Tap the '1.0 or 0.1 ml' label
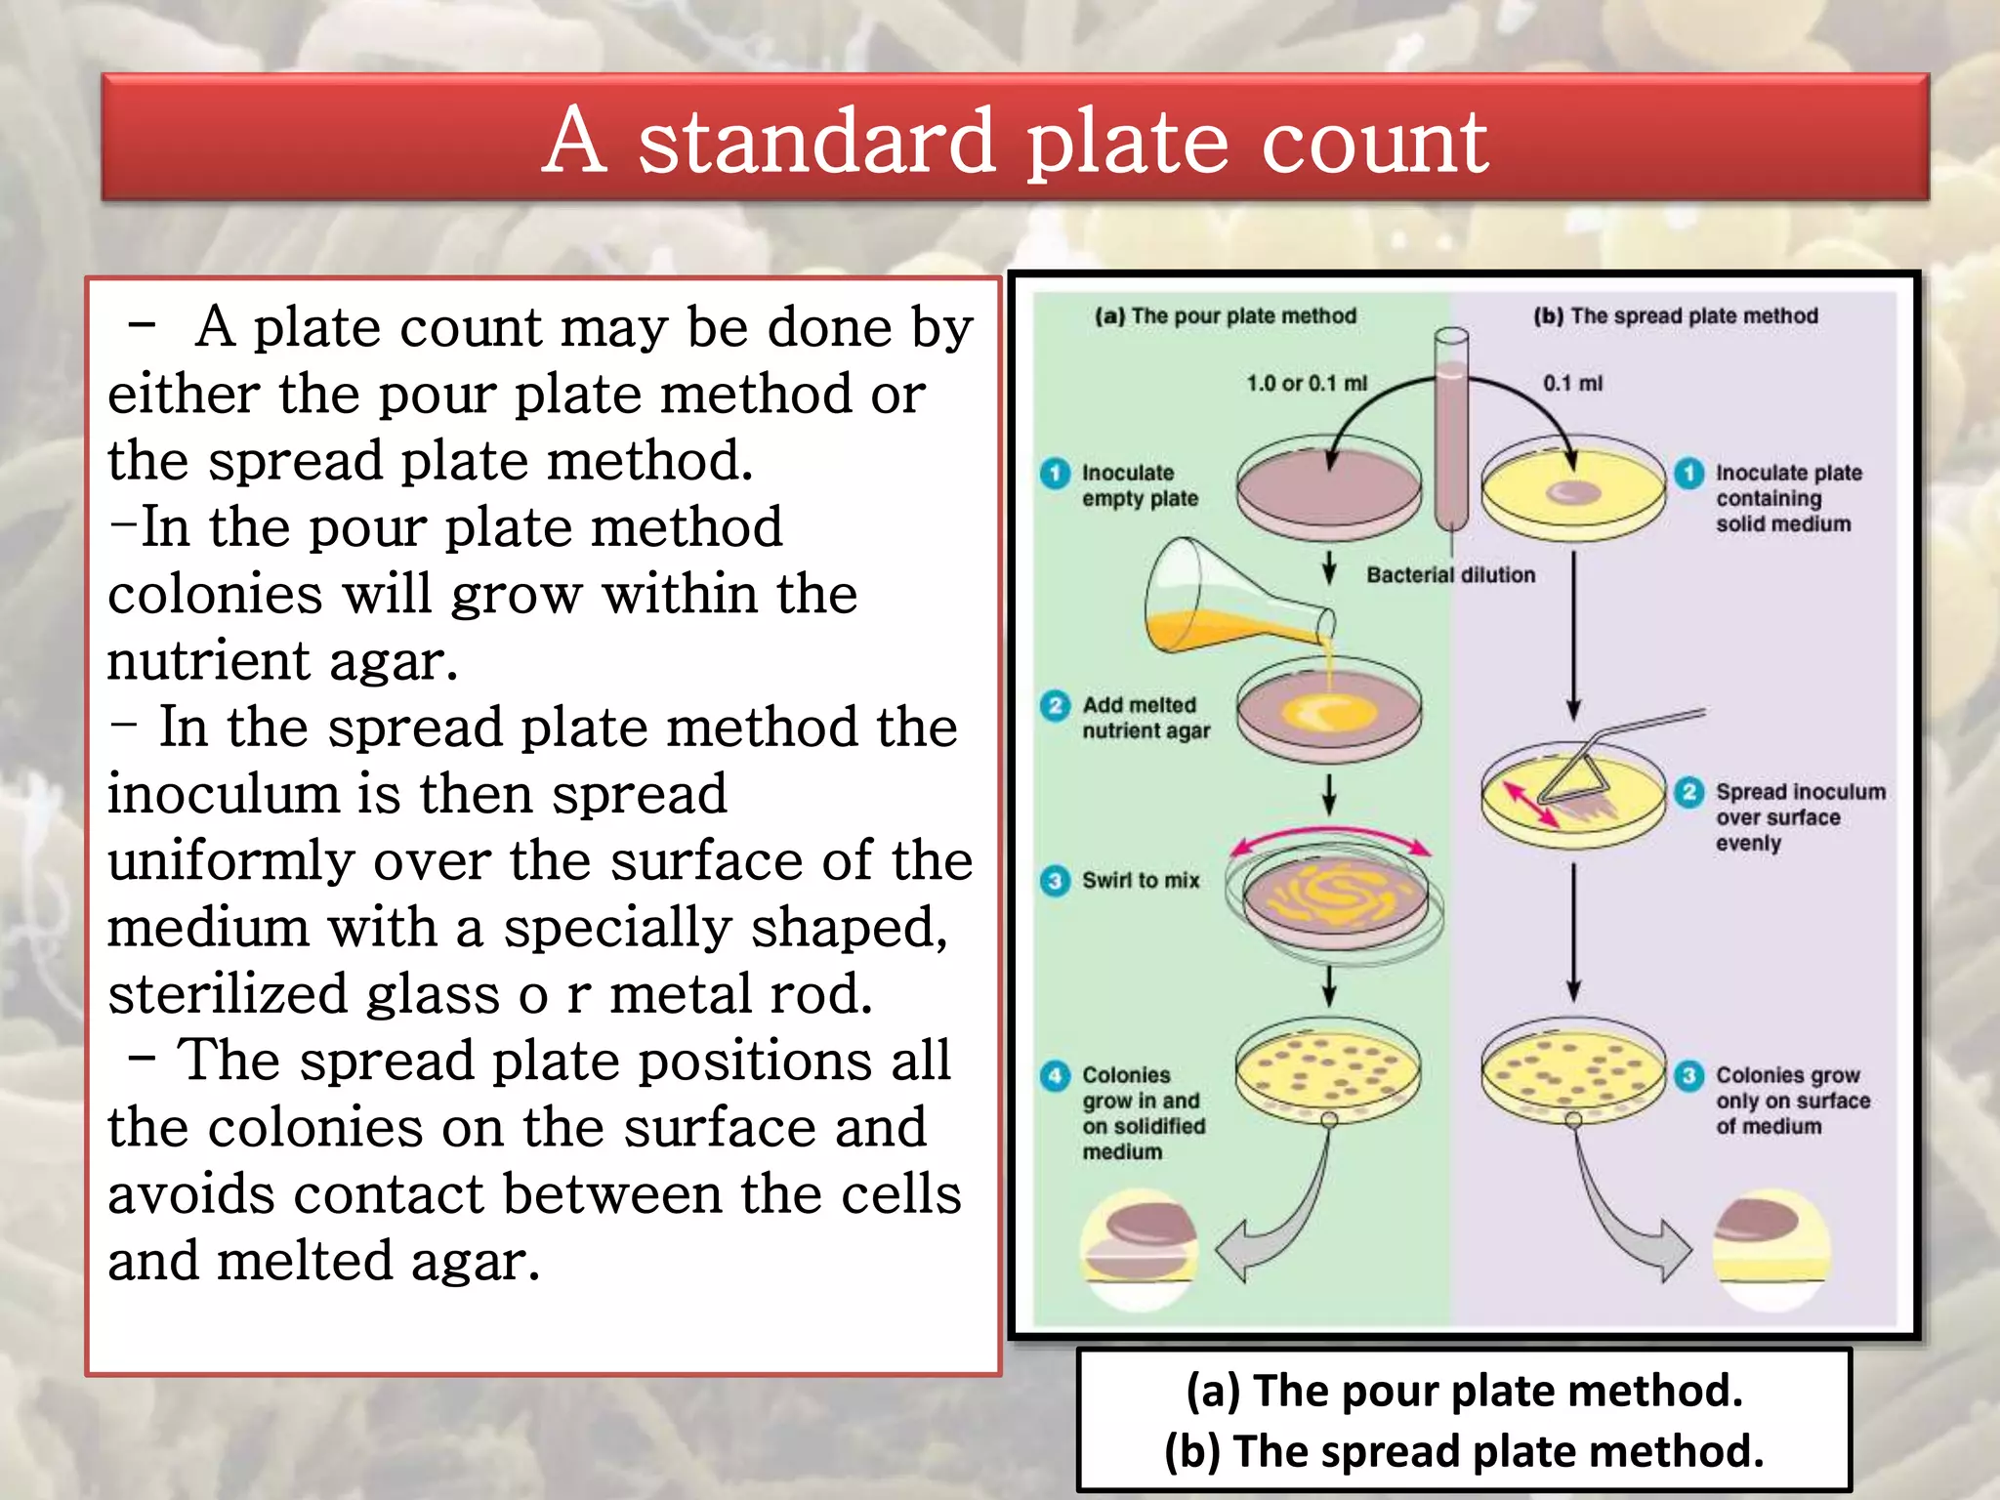point(1307,384)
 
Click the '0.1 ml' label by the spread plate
point(1572,384)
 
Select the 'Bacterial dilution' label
point(1450,575)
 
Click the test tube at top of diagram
point(1451,430)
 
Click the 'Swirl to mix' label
point(1140,881)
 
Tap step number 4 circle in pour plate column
point(1055,1075)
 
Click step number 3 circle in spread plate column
point(1689,1075)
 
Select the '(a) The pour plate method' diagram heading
point(1226,316)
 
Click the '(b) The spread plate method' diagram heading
point(1675,316)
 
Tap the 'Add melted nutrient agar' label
point(1145,718)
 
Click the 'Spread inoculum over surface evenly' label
point(1799,817)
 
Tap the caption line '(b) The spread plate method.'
point(1464,1450)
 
